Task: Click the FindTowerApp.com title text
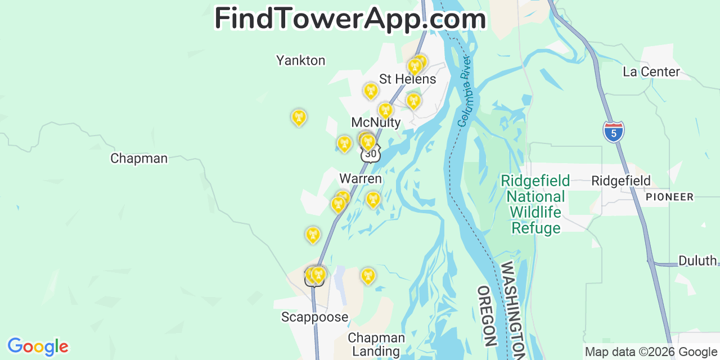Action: (x=350, y=19)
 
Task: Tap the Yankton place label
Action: (x=300, y=60)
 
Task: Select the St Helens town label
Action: (x=407, y=79)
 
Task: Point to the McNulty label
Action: (x=376, y=122)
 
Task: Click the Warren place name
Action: (x=361, y=179)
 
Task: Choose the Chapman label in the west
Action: (x=139, y=159)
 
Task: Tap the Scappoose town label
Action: (x=314, y=317)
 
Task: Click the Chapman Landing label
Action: (x=376, y=345)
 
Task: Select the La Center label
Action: (x=651, y=71)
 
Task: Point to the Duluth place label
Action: (x=697, y=260)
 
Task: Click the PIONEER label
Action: (x=669, y=197)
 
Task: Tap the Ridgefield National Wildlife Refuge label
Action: (x=535, y=204)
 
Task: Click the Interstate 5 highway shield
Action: (x=613, y=131)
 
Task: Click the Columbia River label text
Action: (x=464, y=90)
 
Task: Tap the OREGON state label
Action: (x=487, y=316)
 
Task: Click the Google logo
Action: (x=38, y=346)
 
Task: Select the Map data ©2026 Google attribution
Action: (x=651, y=352)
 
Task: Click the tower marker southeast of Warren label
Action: (x=372, y=200)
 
